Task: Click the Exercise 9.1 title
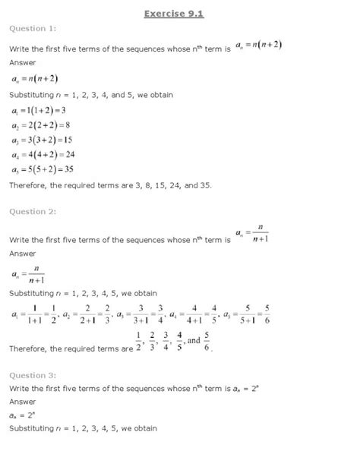tap(179, 12)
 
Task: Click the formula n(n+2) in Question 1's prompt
tap(261, 46)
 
